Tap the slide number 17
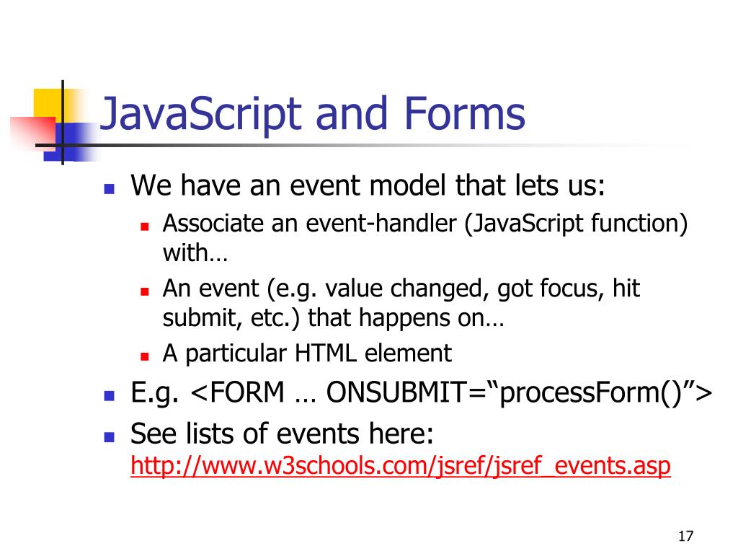[x=685, y=536]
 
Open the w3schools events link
[x=400, y=467]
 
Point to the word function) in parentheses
[x=639, y=224]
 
